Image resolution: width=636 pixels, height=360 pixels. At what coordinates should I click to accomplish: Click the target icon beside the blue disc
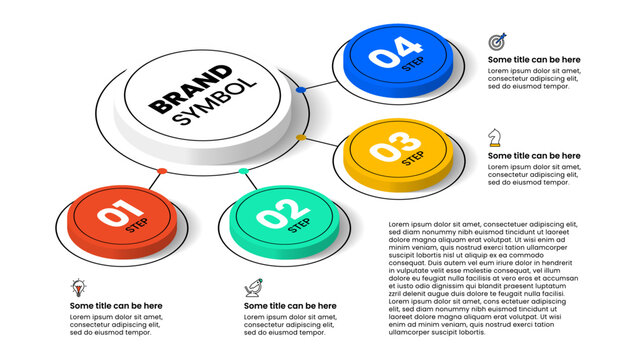pos(497,42)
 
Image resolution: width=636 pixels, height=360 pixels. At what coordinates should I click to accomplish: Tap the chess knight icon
pos(495,137)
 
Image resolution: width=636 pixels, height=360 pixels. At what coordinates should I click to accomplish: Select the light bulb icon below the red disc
pos(78,288)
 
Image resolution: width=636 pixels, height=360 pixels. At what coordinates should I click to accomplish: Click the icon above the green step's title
pos(254,288)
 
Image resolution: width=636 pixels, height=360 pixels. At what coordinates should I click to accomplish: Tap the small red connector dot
pos(161,171)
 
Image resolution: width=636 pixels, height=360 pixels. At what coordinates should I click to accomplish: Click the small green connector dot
pos(243,171)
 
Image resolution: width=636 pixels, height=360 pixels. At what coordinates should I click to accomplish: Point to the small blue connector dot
pos(301,89)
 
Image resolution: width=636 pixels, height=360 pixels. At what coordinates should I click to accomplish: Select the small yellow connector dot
pos(301,137)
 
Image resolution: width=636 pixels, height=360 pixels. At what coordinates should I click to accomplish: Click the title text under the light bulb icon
pos(116,305)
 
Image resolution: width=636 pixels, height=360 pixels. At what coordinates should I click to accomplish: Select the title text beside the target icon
pos(534,59)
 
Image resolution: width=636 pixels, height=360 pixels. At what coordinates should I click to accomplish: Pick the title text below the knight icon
pos(534,155)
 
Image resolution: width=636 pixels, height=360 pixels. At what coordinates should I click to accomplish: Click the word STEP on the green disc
pos(299,225)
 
